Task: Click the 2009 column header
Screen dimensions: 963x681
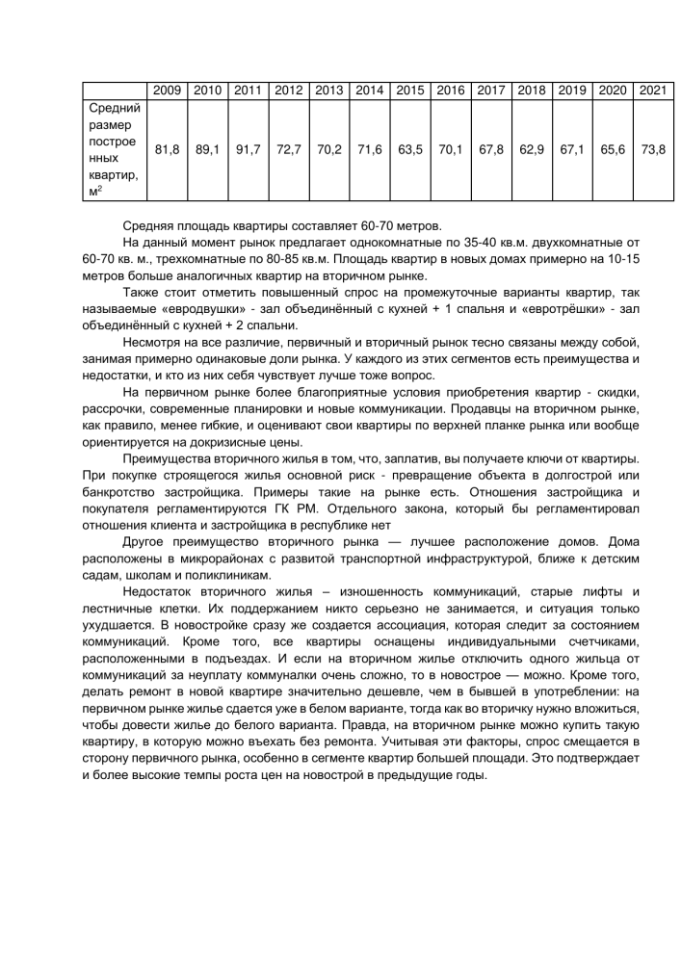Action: pyautogui.click(x=167, y=90)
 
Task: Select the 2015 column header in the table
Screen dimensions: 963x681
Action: pyautogui.click(x=410, y=90)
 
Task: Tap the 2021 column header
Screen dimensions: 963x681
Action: pyautogui.click(x=654, y=90)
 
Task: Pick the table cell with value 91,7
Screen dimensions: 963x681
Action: pyautogui.click(x=249, y=150)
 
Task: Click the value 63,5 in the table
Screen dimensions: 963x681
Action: pyautogui.click(x=410, y=150)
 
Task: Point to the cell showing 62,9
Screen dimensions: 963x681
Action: pyautogui.click(x=532, y=150)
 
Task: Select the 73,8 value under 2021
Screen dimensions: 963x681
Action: pyautogui.click(x=654, y=150)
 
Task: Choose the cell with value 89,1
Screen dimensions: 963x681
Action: pyautogui.click(x=207, y=150)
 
